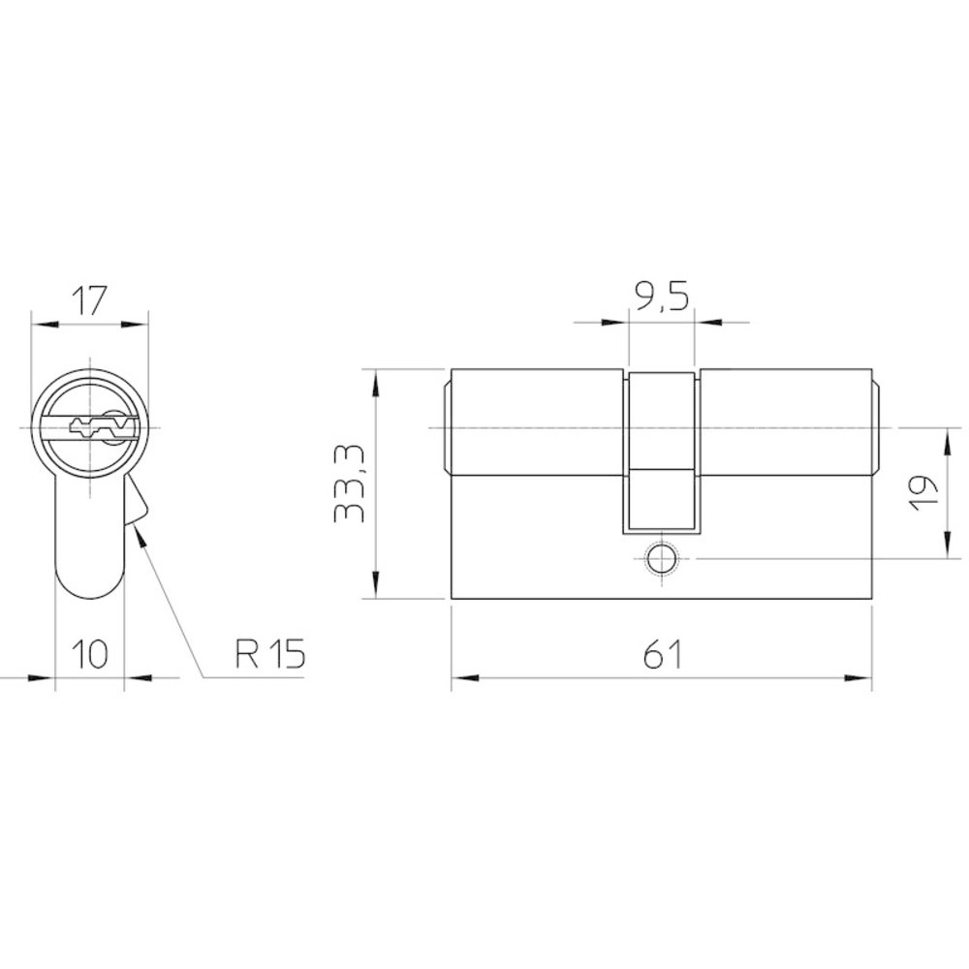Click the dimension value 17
tap(89, 301)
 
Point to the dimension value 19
tap(924, 492)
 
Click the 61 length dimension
tap(662, 654)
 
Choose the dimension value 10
tap(90, 654)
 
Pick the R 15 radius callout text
tap(270, 654)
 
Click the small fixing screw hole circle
tap(661, 559)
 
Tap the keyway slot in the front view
tap(102, 427)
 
